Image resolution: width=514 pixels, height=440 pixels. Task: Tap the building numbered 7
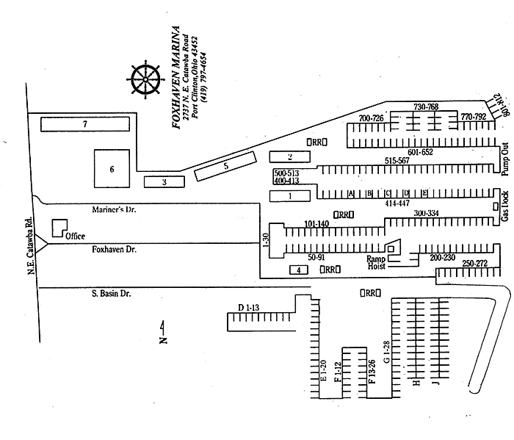click(x=85, y=125)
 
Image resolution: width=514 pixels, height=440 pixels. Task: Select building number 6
click(x=92, y=169)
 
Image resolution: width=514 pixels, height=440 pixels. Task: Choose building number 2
click(x=269, y=156)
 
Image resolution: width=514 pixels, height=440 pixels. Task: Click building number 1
click(x=290, y=195)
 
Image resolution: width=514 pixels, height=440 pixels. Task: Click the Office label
click(x=76, y=236)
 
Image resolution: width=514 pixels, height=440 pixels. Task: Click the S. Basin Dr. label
click(x=112, y=294)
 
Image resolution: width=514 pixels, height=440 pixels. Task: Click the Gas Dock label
click(x=505, y=207)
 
